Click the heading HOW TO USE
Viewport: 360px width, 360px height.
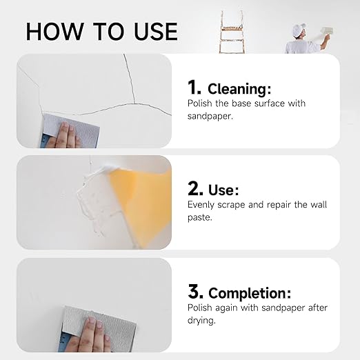pyautogui.click(x=101, y=31)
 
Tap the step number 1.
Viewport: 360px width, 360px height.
pyautogui.click(x=194, y=87)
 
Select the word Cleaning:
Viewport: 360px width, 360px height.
pyautogui.click(x=241, y=88)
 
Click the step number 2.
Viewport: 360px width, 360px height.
pyautogui.click(x=195, y=189)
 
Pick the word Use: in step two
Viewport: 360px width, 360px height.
pyautogui.click(x=224, y=190)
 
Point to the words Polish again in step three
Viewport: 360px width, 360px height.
pyautogui.click(x=214, y=308)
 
